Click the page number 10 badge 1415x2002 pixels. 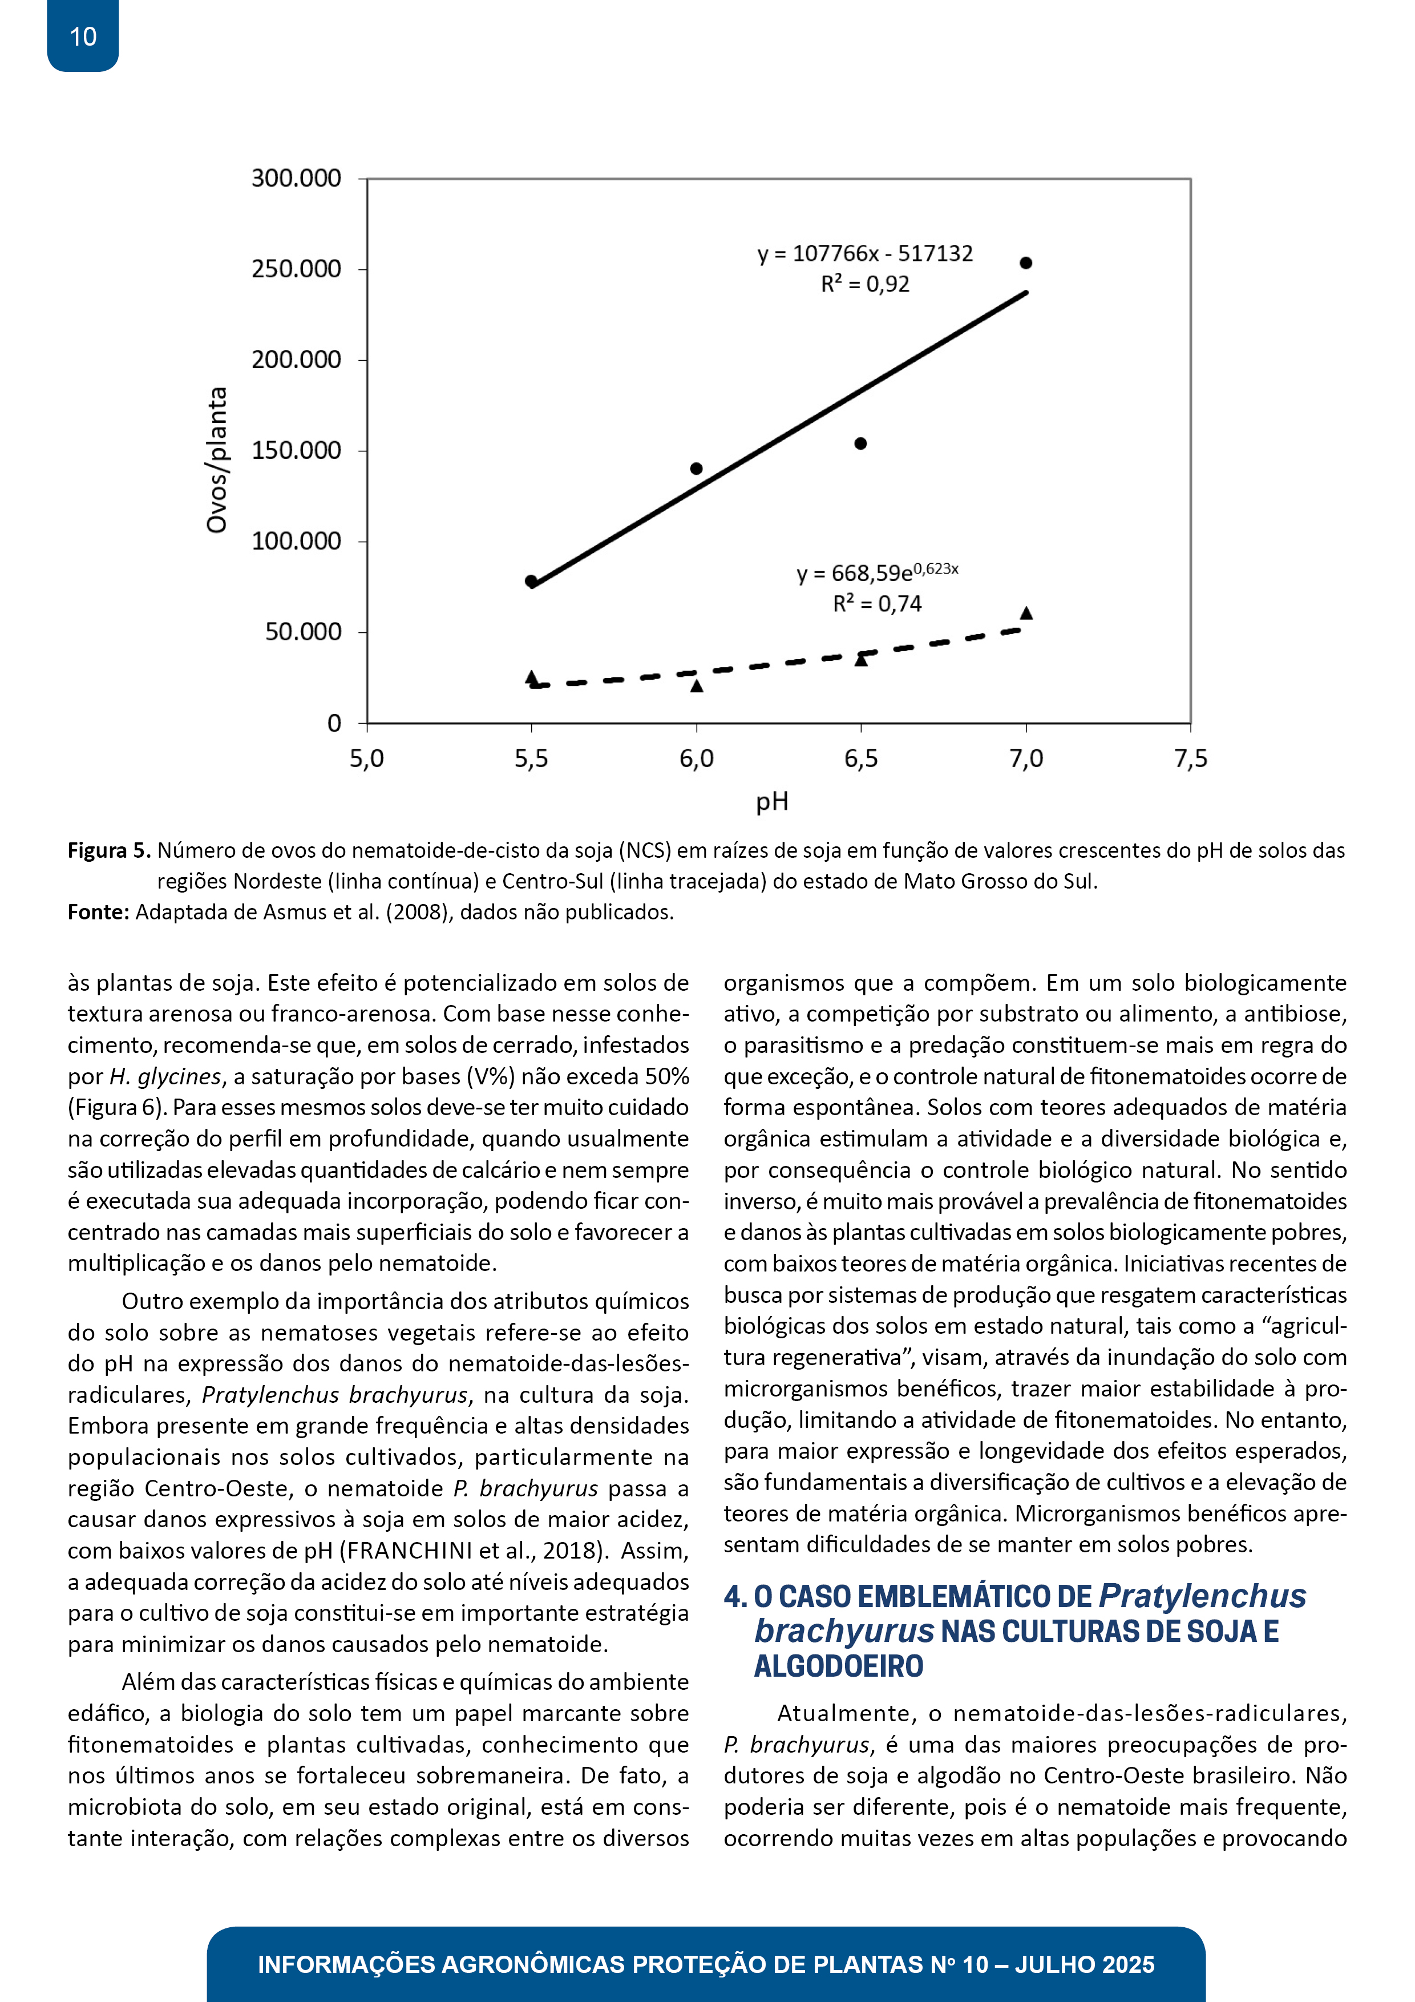tap(83, 37)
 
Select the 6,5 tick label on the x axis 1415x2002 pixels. tap(860, 758)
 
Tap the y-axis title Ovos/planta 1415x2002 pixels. tap(216, 459)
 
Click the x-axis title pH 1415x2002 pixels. tap(771, 801)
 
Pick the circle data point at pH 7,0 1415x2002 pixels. tap(1025, 263)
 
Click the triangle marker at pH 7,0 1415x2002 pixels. tap(1026, 613)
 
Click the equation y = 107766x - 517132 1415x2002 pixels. tap(865, 254)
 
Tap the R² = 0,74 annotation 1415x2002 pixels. tap(877, 603)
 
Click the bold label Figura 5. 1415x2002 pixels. tap(109, 850)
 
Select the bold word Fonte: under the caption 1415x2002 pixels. tap(99, 912)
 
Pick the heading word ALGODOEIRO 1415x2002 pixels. tap(838, 1666)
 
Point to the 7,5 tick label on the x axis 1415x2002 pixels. tap(1190, 758)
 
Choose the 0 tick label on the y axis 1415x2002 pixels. tap(334, 723)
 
